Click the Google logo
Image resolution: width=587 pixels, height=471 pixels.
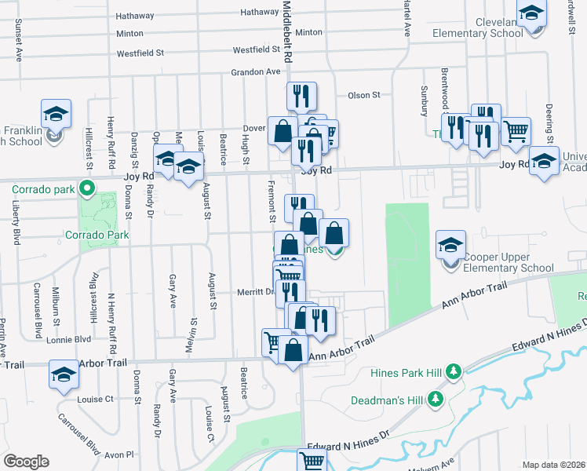[x=26, y=462]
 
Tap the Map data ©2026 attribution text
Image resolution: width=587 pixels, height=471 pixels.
[x=554, y=465]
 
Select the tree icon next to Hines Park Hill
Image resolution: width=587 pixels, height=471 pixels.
[x=453, y=371]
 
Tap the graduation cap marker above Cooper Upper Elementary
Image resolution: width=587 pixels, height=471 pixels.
[x=451, y=245]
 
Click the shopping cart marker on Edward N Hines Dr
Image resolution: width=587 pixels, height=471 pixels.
[x=312, y=462]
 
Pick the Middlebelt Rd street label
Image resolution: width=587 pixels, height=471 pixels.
[x=287, y=31]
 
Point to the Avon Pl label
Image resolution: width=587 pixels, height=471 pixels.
[x=120, y=454]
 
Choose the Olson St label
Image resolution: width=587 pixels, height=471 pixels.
[x=363, y=95]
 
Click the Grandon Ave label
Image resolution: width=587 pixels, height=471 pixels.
[x=255, y=71]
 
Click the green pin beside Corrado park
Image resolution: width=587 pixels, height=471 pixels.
[x=88, y=189]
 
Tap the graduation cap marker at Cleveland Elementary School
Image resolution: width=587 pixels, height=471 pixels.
[x=532, y=15]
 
